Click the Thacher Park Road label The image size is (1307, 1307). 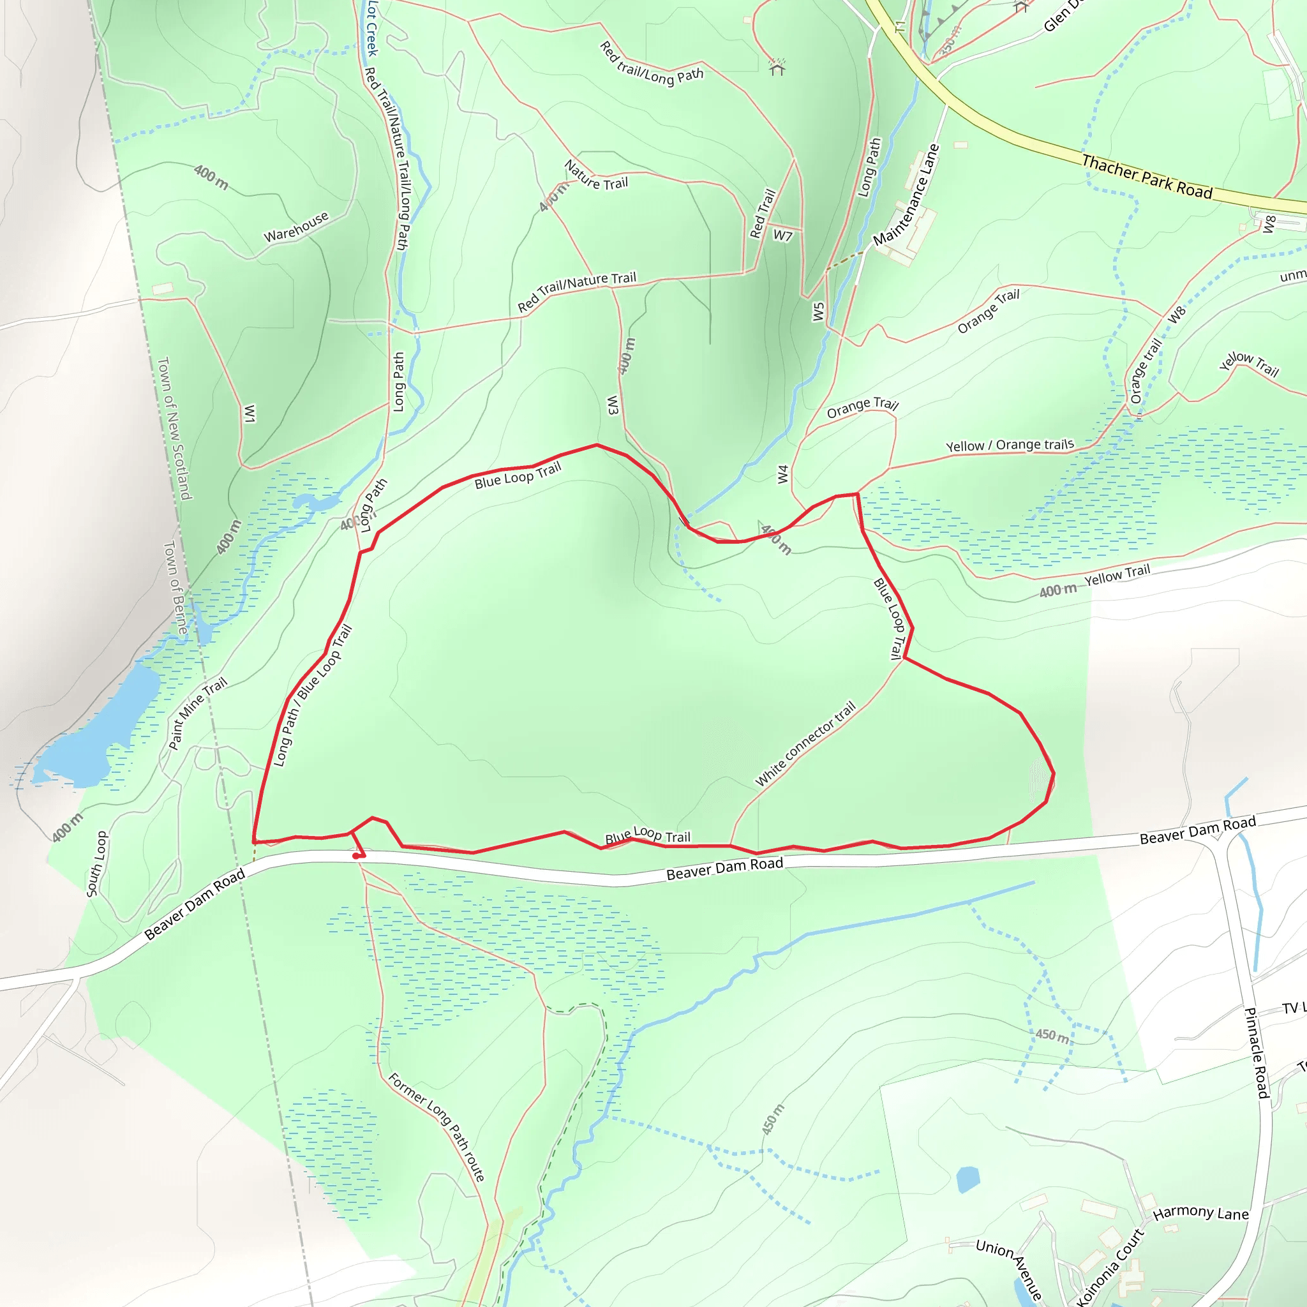coord(1147,177)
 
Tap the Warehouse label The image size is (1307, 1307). coord(295,227)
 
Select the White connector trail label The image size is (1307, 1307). coord(805,744)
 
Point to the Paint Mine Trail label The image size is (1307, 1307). coord(198,713)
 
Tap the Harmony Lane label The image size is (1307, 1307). coord(1201,1213)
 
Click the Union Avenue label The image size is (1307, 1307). coord(1008,1269)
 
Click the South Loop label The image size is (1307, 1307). coord(97,864)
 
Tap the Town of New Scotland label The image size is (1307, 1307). coord(174,428)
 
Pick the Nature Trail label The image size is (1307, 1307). coord(596,176)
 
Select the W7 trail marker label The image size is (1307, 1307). coord(782,235)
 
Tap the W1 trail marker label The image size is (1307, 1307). coord(250,414)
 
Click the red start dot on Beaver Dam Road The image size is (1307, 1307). coord(356,856)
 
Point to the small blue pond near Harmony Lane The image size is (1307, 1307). coord(968,1179)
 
